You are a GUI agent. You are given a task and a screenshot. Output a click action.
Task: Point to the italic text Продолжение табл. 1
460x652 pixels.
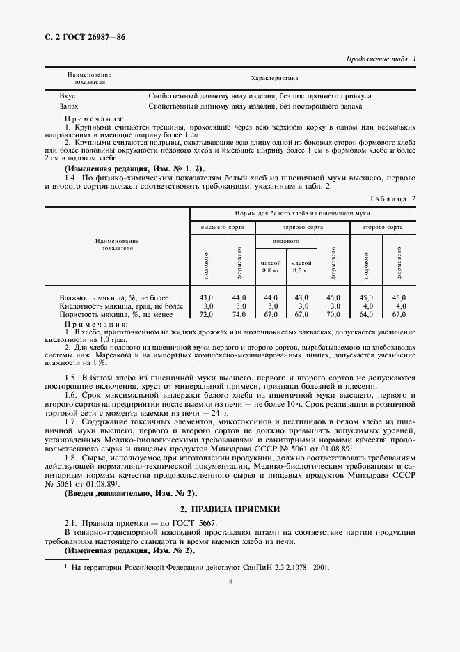pos(381,59)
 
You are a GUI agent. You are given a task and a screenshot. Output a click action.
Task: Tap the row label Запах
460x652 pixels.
pos(69,106)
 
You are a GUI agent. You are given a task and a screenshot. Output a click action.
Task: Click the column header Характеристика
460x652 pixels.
pos(274,79)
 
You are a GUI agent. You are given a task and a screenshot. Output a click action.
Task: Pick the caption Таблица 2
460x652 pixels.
pos(392,199)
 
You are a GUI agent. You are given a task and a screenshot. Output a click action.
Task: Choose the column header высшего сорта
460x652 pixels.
pos(221,227)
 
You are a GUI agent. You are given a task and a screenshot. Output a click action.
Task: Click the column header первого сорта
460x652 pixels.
pos(302,227)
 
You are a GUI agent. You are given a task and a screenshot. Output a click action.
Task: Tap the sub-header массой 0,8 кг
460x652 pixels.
pos(269,265)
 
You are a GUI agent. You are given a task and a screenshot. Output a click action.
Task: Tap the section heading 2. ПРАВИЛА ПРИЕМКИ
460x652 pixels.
pos(230,510)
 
